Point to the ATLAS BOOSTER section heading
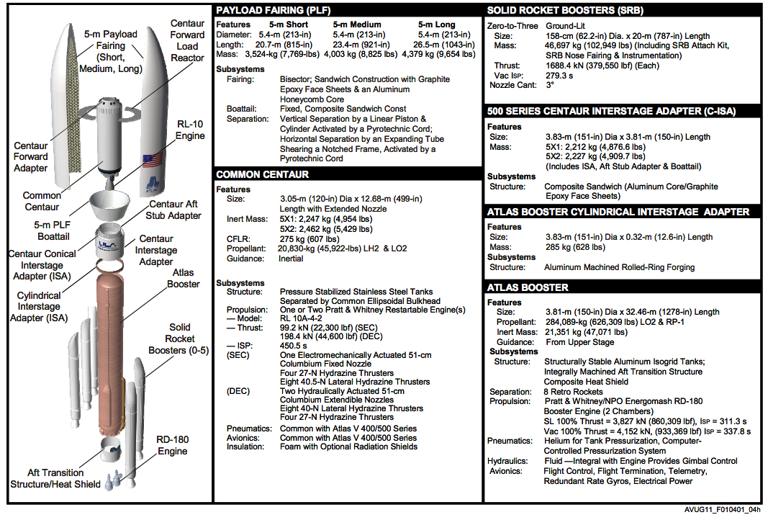click(528, 287)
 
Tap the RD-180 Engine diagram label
click(173, 445)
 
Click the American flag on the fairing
click(150, 160)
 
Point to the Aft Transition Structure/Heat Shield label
click(55, 478)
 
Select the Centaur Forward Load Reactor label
click(188, 40)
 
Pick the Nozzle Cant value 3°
click(550, 84)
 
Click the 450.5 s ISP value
click(294, 346)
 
